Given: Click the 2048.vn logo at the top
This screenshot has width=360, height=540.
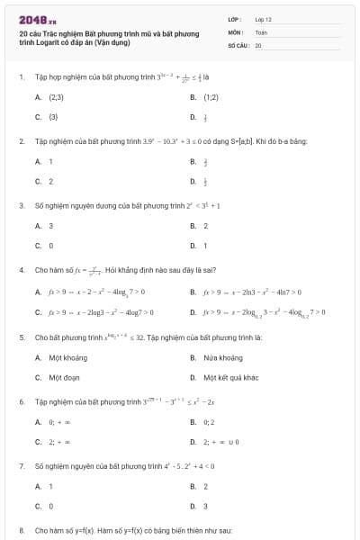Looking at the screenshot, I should click(x=36, y=20).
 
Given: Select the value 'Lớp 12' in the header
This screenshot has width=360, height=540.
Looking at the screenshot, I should click(x=263, y=19).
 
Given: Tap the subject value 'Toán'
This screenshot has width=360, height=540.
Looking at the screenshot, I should click(x=261, y=31).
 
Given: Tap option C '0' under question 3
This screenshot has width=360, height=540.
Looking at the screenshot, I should click(x=50, y=245).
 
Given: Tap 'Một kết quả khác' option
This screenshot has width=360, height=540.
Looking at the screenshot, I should click(x=230, y=377).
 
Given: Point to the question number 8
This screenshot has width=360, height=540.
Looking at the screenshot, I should click(x=21, y=531).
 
